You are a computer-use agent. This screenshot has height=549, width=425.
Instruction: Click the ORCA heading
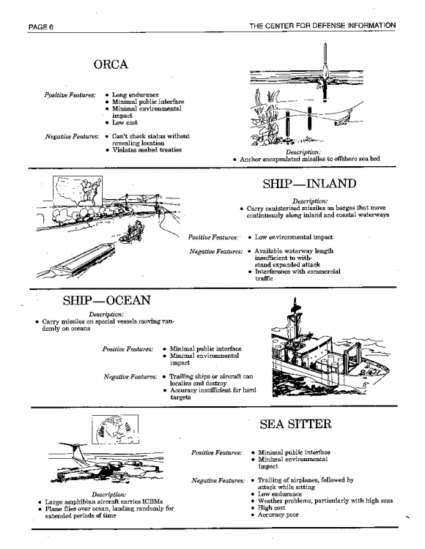pos(111,64)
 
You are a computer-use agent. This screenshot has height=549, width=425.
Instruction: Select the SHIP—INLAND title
pos(309,184)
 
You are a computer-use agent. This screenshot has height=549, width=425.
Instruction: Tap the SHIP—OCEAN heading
pos(107,300)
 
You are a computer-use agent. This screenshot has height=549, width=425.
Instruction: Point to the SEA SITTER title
pos(295,424)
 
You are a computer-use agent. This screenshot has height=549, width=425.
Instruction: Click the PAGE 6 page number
pos(41,27)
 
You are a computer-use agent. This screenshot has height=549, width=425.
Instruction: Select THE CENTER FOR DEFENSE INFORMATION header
pos(322,26)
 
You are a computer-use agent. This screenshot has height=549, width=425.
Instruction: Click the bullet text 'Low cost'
pos(125,122)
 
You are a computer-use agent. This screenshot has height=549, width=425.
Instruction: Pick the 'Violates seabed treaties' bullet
pos(147,150)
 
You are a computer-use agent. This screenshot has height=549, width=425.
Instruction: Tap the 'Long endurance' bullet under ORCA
pos(136,95)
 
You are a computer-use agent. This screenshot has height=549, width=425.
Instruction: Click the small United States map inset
pos(78,191)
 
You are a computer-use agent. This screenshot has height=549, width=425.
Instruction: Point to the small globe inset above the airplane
pos(115,429)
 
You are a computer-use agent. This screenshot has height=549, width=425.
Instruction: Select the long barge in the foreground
pos(81,261)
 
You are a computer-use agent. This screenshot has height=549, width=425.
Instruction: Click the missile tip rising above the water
pos(325,60)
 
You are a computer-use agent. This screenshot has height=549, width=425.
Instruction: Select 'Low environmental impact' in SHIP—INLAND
pos(294,237)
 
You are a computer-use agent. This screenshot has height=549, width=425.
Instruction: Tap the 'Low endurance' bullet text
pos(280,494)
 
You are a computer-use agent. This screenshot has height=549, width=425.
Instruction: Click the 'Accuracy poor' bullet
pos(278,515)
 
